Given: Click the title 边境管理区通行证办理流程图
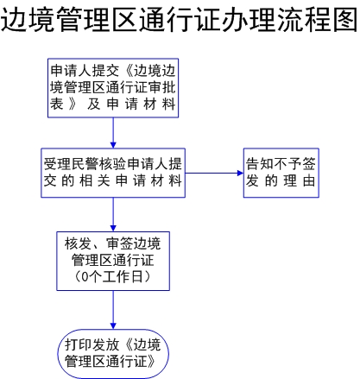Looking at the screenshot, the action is (180, 20).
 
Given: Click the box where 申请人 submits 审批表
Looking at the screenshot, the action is (113, 88).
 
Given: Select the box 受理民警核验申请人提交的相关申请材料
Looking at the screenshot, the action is (113, 173).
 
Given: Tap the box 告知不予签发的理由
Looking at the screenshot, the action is (281, 173).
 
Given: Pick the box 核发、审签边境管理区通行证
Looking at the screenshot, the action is (113, 261).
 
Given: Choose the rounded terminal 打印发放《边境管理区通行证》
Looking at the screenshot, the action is (113, 354).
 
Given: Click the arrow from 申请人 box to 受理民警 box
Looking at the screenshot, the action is (113, 133).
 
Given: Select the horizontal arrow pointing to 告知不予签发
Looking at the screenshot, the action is (214, 173).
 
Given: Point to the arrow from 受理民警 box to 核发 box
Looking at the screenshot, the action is (113, 214).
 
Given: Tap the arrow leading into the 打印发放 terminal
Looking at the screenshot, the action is (113, 310).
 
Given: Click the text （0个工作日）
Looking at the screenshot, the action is (113, 276).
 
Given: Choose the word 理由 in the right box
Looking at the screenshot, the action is (300, 180).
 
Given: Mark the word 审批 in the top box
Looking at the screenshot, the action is (161, 87).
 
